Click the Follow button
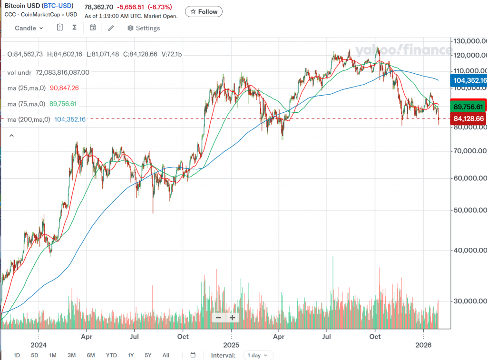[204, 11]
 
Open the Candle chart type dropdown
[29, 28]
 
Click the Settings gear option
[144, 28]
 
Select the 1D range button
[17, 355]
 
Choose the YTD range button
[111, 355]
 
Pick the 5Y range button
[148, 355]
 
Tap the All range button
[166, 355]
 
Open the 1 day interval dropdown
[258, 355]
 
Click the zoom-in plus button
[232, 318]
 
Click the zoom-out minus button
[218, 318]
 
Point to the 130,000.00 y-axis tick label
[470, 41]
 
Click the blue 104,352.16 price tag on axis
[468, 80]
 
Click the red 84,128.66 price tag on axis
[468, 118]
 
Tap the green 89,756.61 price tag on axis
[468, 107]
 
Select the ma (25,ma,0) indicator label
[27, 88]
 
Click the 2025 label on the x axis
[231, 344]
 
